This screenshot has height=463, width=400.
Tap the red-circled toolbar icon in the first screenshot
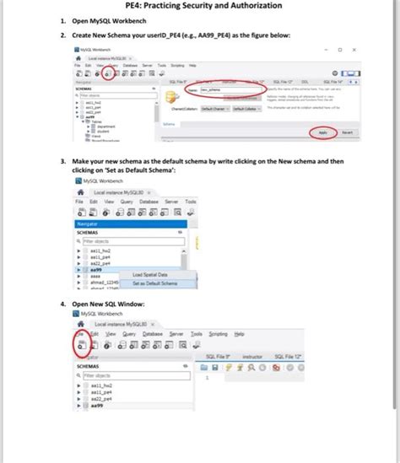(108, 73)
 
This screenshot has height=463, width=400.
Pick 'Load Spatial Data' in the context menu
(150, 275)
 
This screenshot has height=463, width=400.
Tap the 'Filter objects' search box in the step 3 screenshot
(127, 241)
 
